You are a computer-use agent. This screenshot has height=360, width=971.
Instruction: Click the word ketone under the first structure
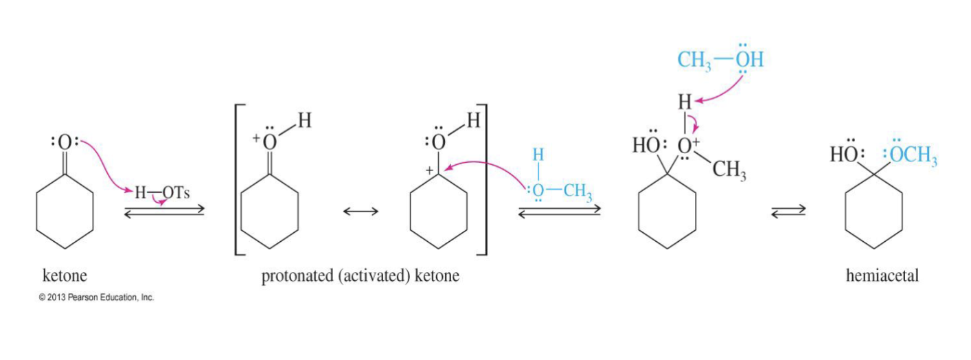pyautogui.click(x=65, y=276)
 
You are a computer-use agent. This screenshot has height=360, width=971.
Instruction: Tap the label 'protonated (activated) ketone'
pyautogui.click(x=360, y=276)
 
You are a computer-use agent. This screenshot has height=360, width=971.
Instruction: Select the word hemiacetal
pyautogui.click(x=882, y=276)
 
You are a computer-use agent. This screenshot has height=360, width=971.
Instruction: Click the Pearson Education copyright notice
pyautogui.click(x=96, y=297)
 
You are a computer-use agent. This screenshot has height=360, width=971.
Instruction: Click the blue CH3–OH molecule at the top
pyautogui.click(x=720, y=60)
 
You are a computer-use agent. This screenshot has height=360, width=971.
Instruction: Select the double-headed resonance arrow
pyautogui.click(x=361, y=212)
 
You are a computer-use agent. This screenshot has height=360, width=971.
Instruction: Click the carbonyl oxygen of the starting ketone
pyautogui.click(x=64, y=143)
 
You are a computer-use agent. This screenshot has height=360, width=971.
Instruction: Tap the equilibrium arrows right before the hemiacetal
pyautogui.click(x=788, y=214)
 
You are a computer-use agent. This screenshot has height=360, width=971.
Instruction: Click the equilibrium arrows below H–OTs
pyautogui.click(x=164, y=211)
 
